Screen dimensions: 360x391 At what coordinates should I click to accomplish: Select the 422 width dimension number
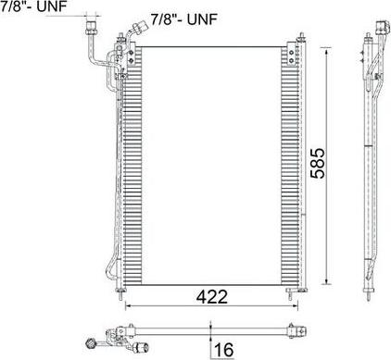coord(211,296)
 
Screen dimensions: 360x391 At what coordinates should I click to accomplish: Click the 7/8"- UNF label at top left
coord(32,7)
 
